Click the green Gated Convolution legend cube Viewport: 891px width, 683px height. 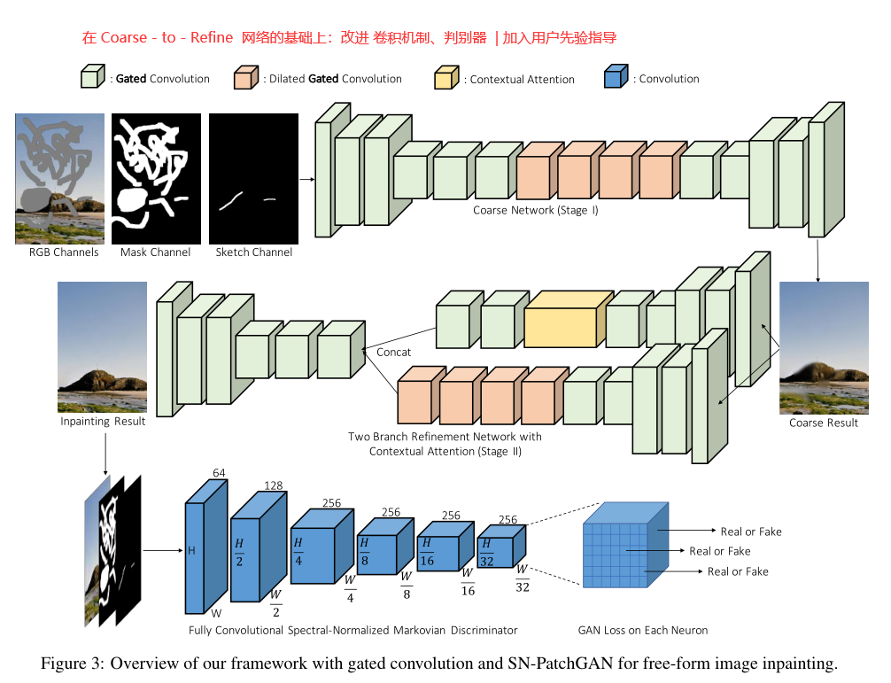[93, 76]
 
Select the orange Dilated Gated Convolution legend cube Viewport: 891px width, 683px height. [246, 77]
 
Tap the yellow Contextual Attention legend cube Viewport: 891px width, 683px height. [446, 78]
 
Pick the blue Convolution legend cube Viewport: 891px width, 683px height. [616, 76]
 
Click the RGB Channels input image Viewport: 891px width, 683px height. [59, 178]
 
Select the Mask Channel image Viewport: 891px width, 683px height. [156, 178]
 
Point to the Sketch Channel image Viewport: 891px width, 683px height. [253, 178]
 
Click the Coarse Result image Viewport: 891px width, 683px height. [824, 348]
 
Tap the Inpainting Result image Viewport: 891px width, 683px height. [102, 347]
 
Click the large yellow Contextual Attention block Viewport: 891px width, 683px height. [569, 319]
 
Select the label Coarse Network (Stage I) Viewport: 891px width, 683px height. [535, 210]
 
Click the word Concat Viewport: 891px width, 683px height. [393, 353]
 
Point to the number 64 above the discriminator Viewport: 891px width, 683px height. [219, 473]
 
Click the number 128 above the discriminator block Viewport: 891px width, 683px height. [274, 485]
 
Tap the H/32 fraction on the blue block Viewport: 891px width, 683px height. [486, 553]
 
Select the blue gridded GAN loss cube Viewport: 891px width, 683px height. [625, 545]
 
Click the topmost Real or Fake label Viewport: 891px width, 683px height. [751, 532]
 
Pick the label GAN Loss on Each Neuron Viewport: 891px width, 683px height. [643, 630]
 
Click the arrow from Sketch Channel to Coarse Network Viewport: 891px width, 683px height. [306, 180]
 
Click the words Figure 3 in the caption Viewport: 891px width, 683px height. [72, 664]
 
